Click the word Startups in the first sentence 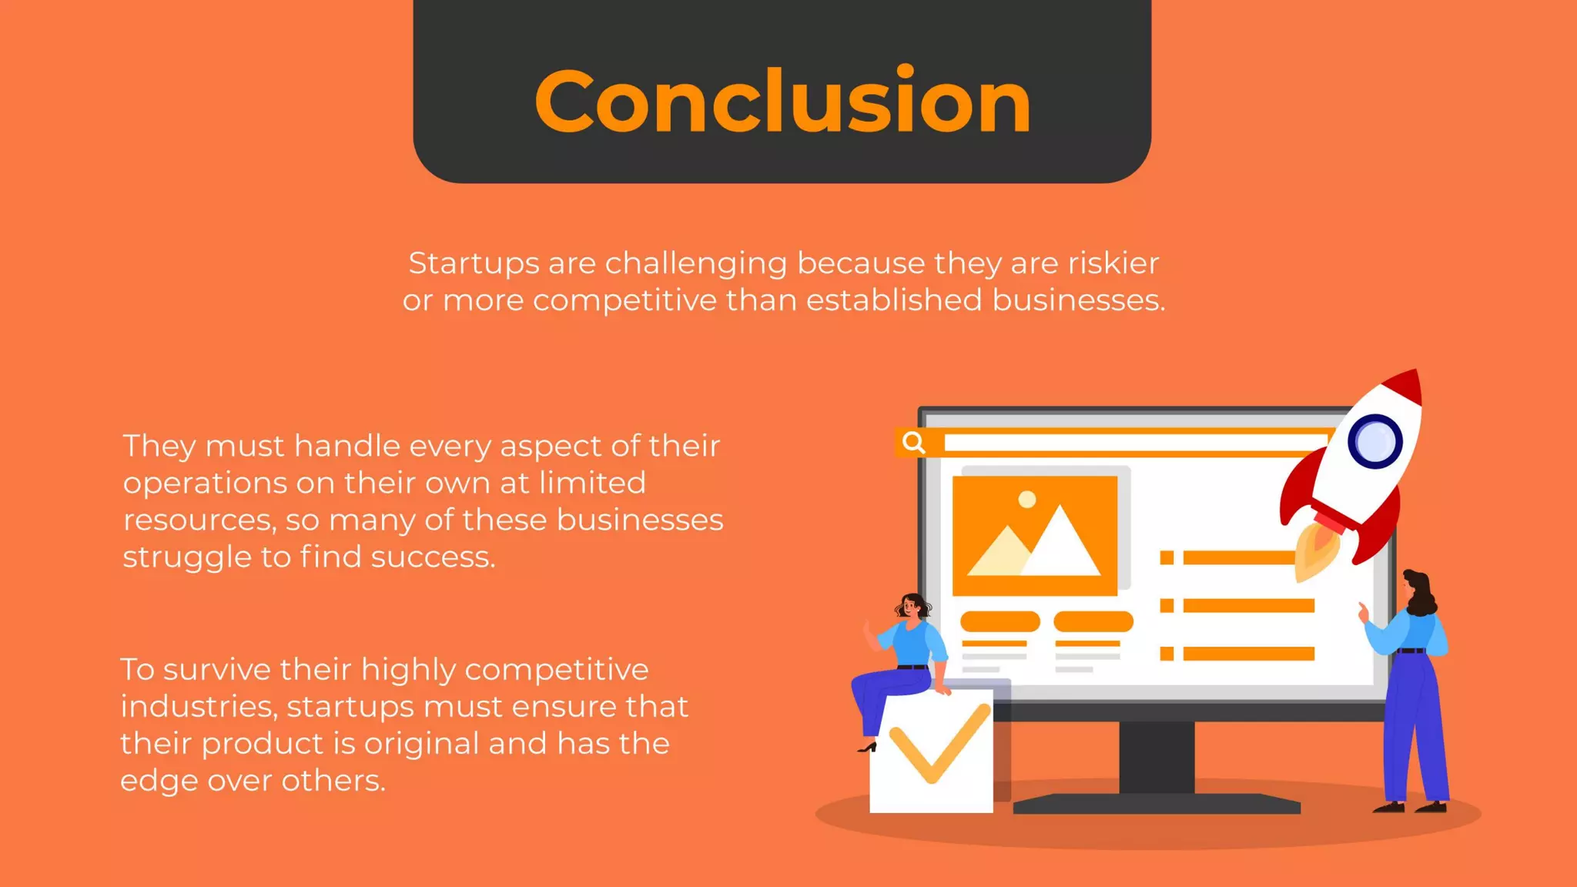pyautogui.click(x=474, y=263)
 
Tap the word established pyautogui.click(x=894, y=300)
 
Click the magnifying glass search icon pyautogui.click(x=913, y=443)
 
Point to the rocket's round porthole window pyautogui.click(x=1374, y=442)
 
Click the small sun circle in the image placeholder pyautogui.click(x=1026, y=500)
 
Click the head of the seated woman pyautogui.click(x=912, y=607)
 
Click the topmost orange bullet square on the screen pyautogui.click(x=1167, y=557)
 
